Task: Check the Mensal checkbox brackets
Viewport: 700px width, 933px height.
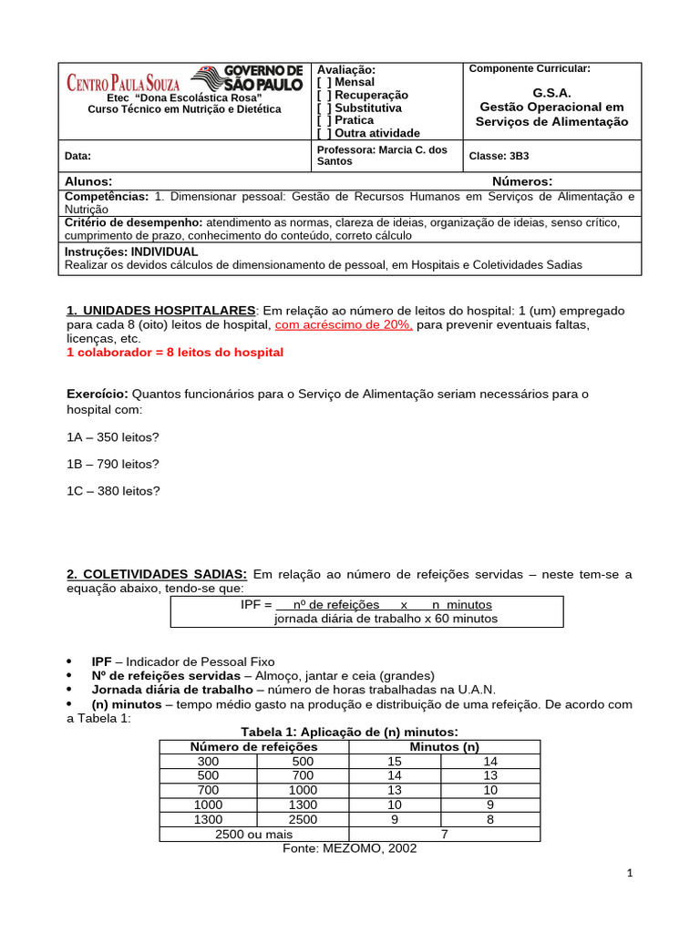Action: click(x=324, y=82)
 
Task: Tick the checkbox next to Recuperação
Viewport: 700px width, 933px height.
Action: click(x=324, y=95)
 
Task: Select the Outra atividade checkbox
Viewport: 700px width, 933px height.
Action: click(x=324, y=133)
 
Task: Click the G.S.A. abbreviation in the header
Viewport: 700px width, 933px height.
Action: click(x=552, y=92)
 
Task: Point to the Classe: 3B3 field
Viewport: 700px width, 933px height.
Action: click(x=499, y=156)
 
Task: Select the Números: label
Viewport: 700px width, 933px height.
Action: click(x=522, y=181)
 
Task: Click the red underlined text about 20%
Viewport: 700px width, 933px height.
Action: click(x=344, y=324)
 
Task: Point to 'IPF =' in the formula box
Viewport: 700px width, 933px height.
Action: click(x=256, y=604)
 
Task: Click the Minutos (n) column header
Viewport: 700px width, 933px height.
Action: click(x=445, y=747)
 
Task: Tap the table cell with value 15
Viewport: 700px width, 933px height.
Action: click(x=395, y=761)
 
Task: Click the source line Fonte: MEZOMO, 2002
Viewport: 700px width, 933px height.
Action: click(x=350, y=848)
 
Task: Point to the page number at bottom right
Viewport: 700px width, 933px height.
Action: click(x=629, y=873)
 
